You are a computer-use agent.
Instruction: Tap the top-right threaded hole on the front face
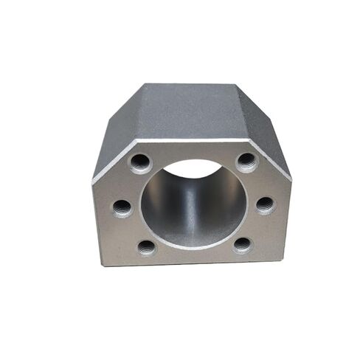pyautogui.click(x=246, y=162)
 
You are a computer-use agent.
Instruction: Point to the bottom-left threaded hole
pyautogui.click(x=147, y=246)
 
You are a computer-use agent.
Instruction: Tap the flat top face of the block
pyautogui.click(x=193, y=111)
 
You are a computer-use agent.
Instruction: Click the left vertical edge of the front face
pyautogui.click(x=94, y=221)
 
